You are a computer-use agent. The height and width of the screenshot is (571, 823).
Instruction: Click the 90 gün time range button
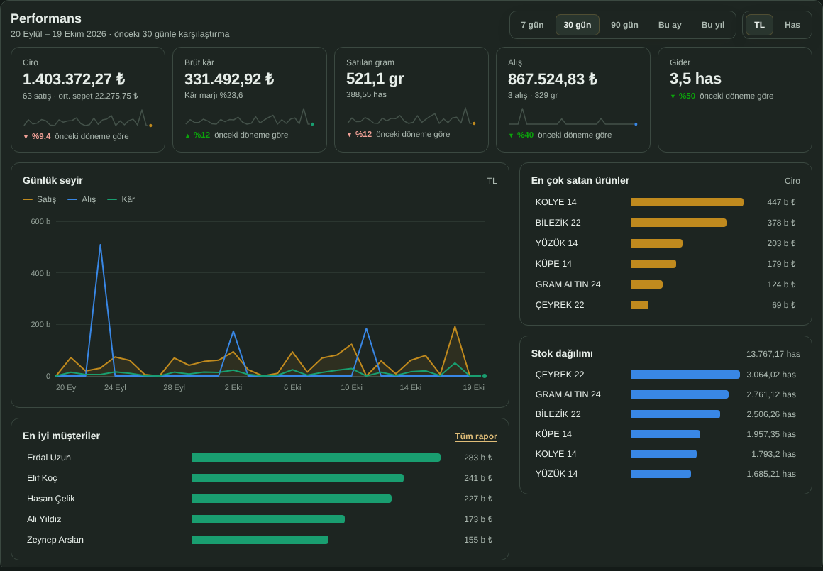(624, 25)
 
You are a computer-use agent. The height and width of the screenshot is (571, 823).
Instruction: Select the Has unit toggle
(792, 25)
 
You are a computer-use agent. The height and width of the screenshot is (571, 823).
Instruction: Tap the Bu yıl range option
(713, 25)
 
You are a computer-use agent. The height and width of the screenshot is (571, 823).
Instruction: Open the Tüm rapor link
(475, 436)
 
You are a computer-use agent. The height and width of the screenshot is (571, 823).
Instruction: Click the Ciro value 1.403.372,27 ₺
(74, 79)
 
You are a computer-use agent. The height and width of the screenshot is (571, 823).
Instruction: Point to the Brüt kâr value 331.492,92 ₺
(229, 79)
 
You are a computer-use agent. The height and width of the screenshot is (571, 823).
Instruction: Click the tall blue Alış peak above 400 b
(100, 245)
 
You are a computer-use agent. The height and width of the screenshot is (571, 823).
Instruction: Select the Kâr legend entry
(121, 199)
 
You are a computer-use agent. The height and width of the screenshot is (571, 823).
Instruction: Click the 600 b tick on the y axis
(40, 221)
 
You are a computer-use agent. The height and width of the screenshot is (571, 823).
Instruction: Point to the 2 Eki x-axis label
(233, 387)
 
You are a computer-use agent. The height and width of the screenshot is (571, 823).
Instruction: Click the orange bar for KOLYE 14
(687, 202)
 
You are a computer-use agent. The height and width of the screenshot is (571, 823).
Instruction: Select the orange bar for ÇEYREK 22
(640, 305)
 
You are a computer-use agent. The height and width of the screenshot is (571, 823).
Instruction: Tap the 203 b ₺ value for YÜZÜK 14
(781, 243)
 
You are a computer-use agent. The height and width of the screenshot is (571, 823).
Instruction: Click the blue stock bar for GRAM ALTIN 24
(680, 394)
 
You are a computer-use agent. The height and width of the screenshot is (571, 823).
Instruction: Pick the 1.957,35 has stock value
(771, 434)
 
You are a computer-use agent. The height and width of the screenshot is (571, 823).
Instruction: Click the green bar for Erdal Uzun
(316, 458)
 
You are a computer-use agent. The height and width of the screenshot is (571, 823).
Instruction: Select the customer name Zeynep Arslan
(55, 540)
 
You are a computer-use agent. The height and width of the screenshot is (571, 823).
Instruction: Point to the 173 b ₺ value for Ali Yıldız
(478, 519)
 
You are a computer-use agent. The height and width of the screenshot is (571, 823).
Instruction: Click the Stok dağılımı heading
(562, 354)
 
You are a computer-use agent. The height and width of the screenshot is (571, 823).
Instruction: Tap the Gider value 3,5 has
(695, 79)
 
